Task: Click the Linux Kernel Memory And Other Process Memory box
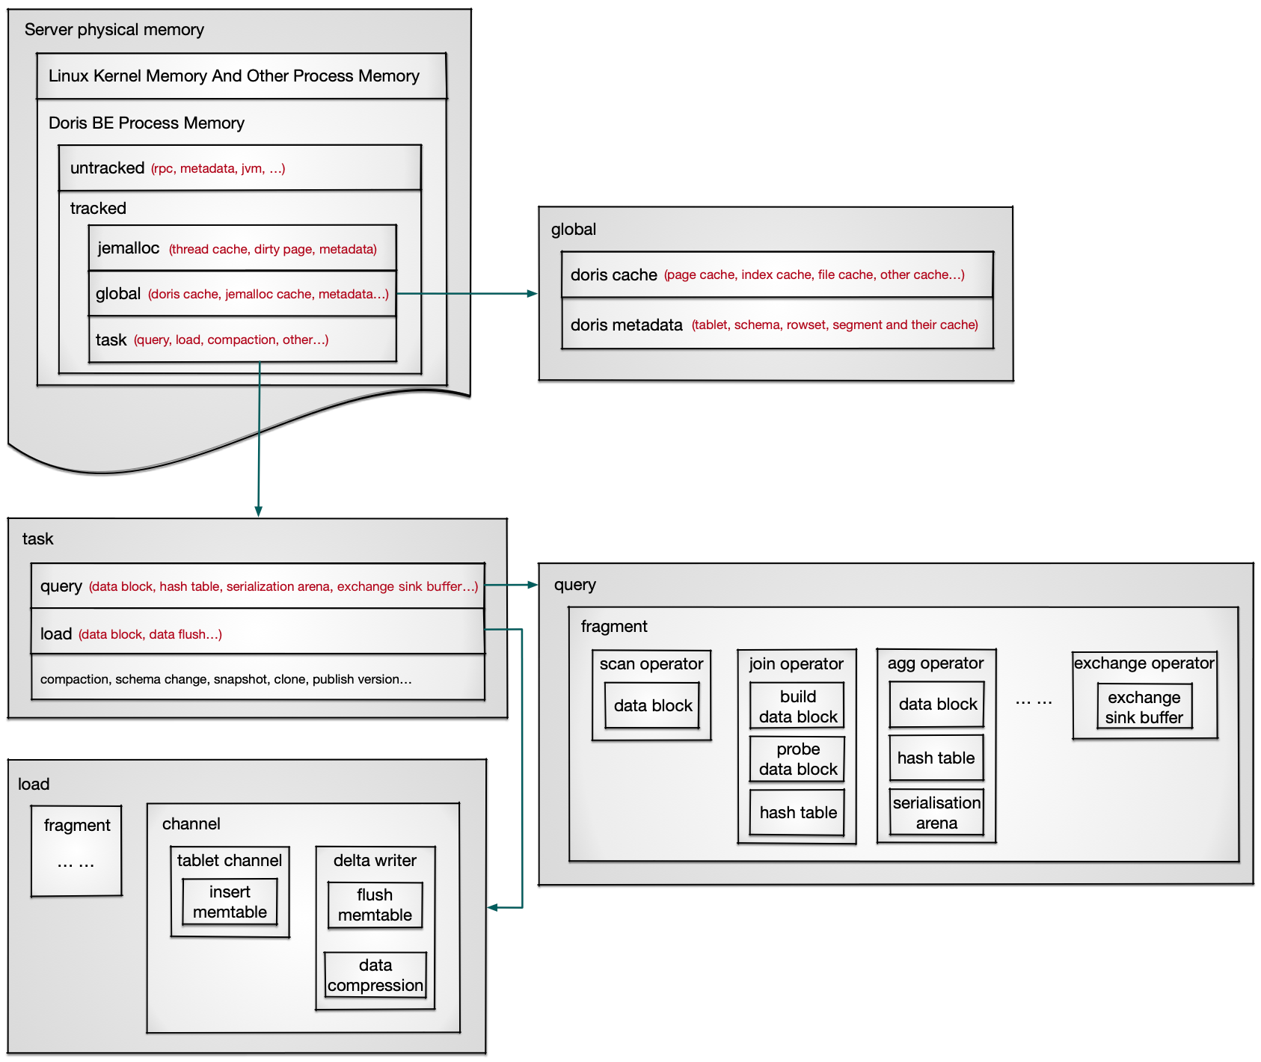coord(241,76)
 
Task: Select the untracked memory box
coord(239,168)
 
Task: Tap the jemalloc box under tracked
coord(242,248)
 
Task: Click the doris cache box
coord(776,275)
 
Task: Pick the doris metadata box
coord(776,325)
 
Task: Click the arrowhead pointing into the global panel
coord(533,294)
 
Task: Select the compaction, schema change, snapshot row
coord(257,678)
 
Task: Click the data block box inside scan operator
coord(652,705)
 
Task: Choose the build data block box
coord(797,706)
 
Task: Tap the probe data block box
coord(797,758)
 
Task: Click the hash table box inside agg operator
coord(936,758)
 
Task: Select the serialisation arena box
coord(936,812)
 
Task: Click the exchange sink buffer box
coord(1144,707)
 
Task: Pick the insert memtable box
coord(230,901)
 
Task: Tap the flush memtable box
coord(375,904)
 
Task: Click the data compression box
coord(375,974)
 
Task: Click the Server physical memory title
coord(114,30)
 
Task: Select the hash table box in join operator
coord(797,812)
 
